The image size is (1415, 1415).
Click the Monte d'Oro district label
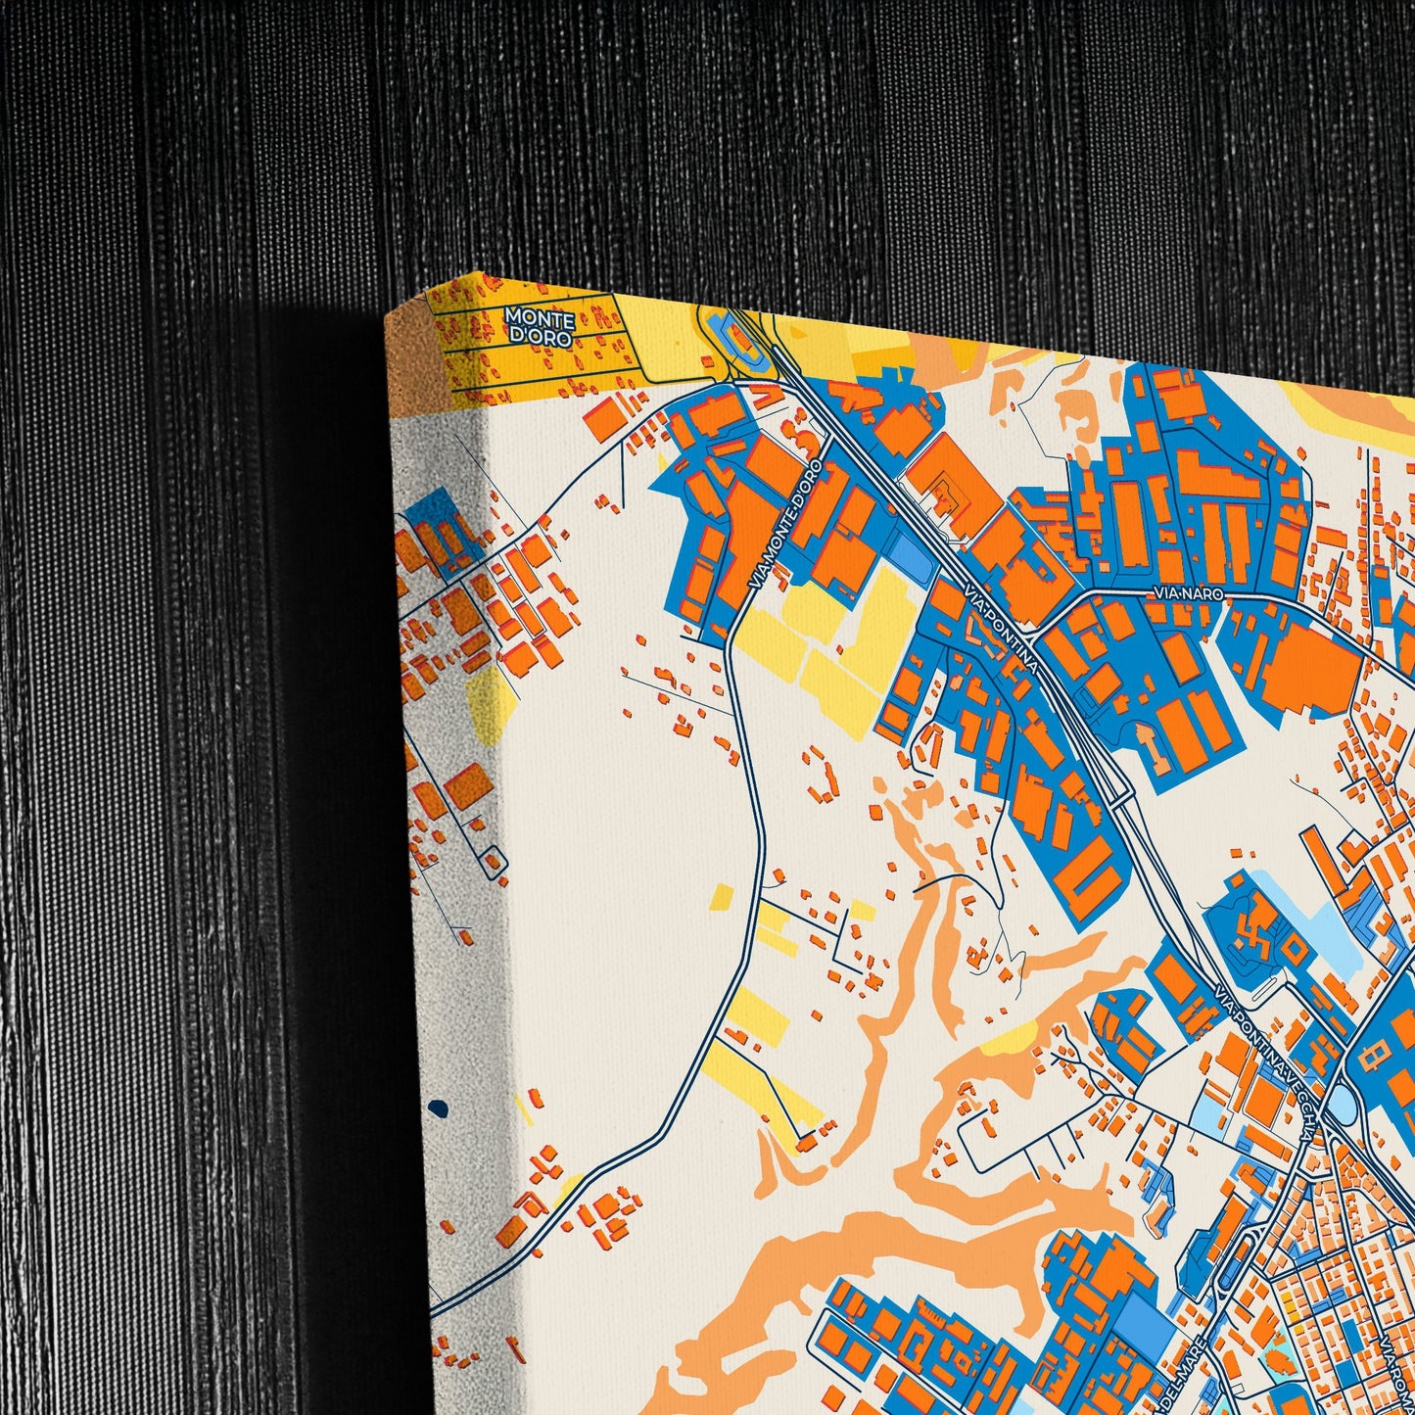(x=539, y=325)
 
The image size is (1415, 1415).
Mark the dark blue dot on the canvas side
(x=438, y=1108)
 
